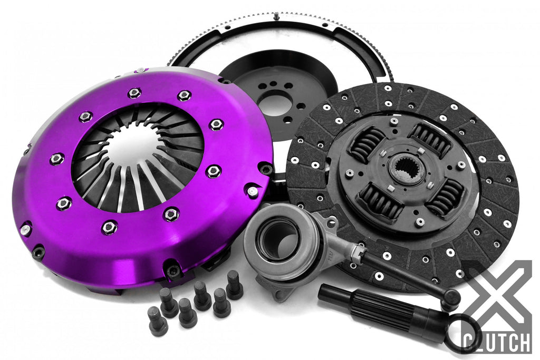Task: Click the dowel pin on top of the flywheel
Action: pyautogui.click(x=276, y=15)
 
